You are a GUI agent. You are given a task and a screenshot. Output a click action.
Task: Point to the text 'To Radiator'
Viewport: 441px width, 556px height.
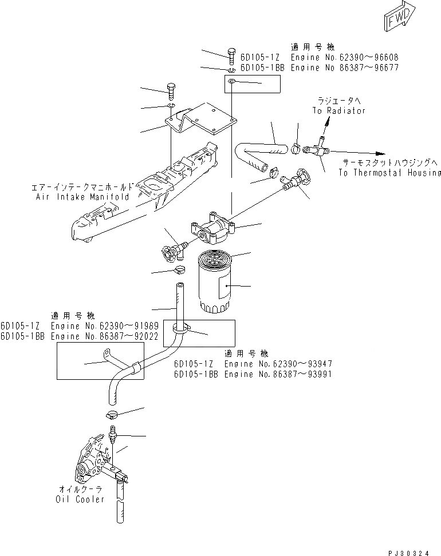338,110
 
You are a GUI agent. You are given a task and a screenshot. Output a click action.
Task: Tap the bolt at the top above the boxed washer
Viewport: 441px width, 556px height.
231,55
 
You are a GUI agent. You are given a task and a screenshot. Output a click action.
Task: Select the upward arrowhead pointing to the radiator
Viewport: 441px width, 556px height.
326,122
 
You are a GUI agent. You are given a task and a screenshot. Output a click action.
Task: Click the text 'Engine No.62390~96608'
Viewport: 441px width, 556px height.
344,58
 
